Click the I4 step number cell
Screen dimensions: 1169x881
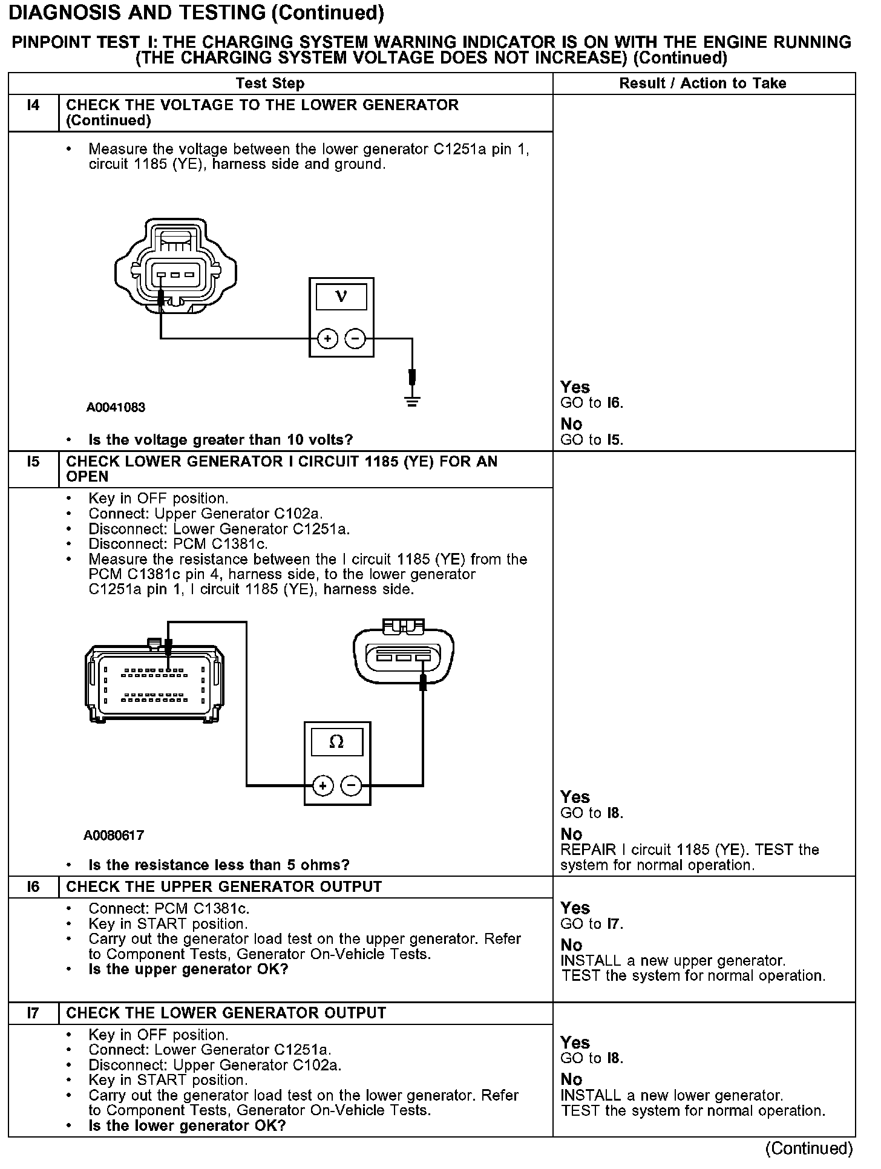point(33,106)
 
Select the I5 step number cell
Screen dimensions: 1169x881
point(33,462)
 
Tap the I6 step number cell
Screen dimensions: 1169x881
point(33,887)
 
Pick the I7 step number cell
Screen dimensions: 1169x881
point(33,1013)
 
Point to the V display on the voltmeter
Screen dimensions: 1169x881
point(341,297)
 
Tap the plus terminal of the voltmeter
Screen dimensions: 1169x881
point(327,339)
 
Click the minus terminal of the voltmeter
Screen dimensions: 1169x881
point(355,339)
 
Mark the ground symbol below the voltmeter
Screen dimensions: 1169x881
point(412,400)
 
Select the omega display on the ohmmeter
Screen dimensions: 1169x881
point(336,742)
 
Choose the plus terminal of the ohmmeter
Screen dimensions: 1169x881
point(323,786)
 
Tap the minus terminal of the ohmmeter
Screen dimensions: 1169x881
point(352,786)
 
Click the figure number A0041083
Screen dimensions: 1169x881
point(116,407)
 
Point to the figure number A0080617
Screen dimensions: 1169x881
point(114,836)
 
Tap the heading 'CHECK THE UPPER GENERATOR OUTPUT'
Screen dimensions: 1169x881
point(224,887)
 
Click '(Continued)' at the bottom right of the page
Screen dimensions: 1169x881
point(809,1148)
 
